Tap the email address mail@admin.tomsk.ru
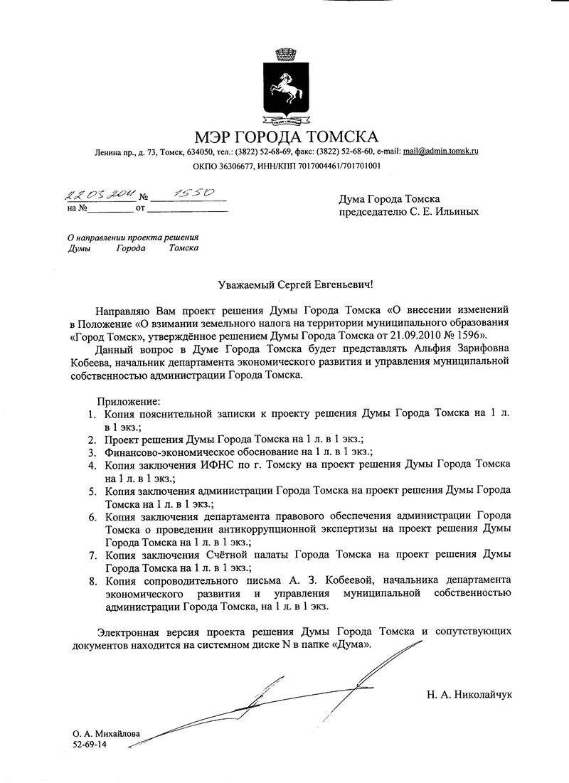click(x=440, y=151)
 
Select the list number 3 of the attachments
click(x=92, y=452)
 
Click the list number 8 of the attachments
click(x=92, y=581)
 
